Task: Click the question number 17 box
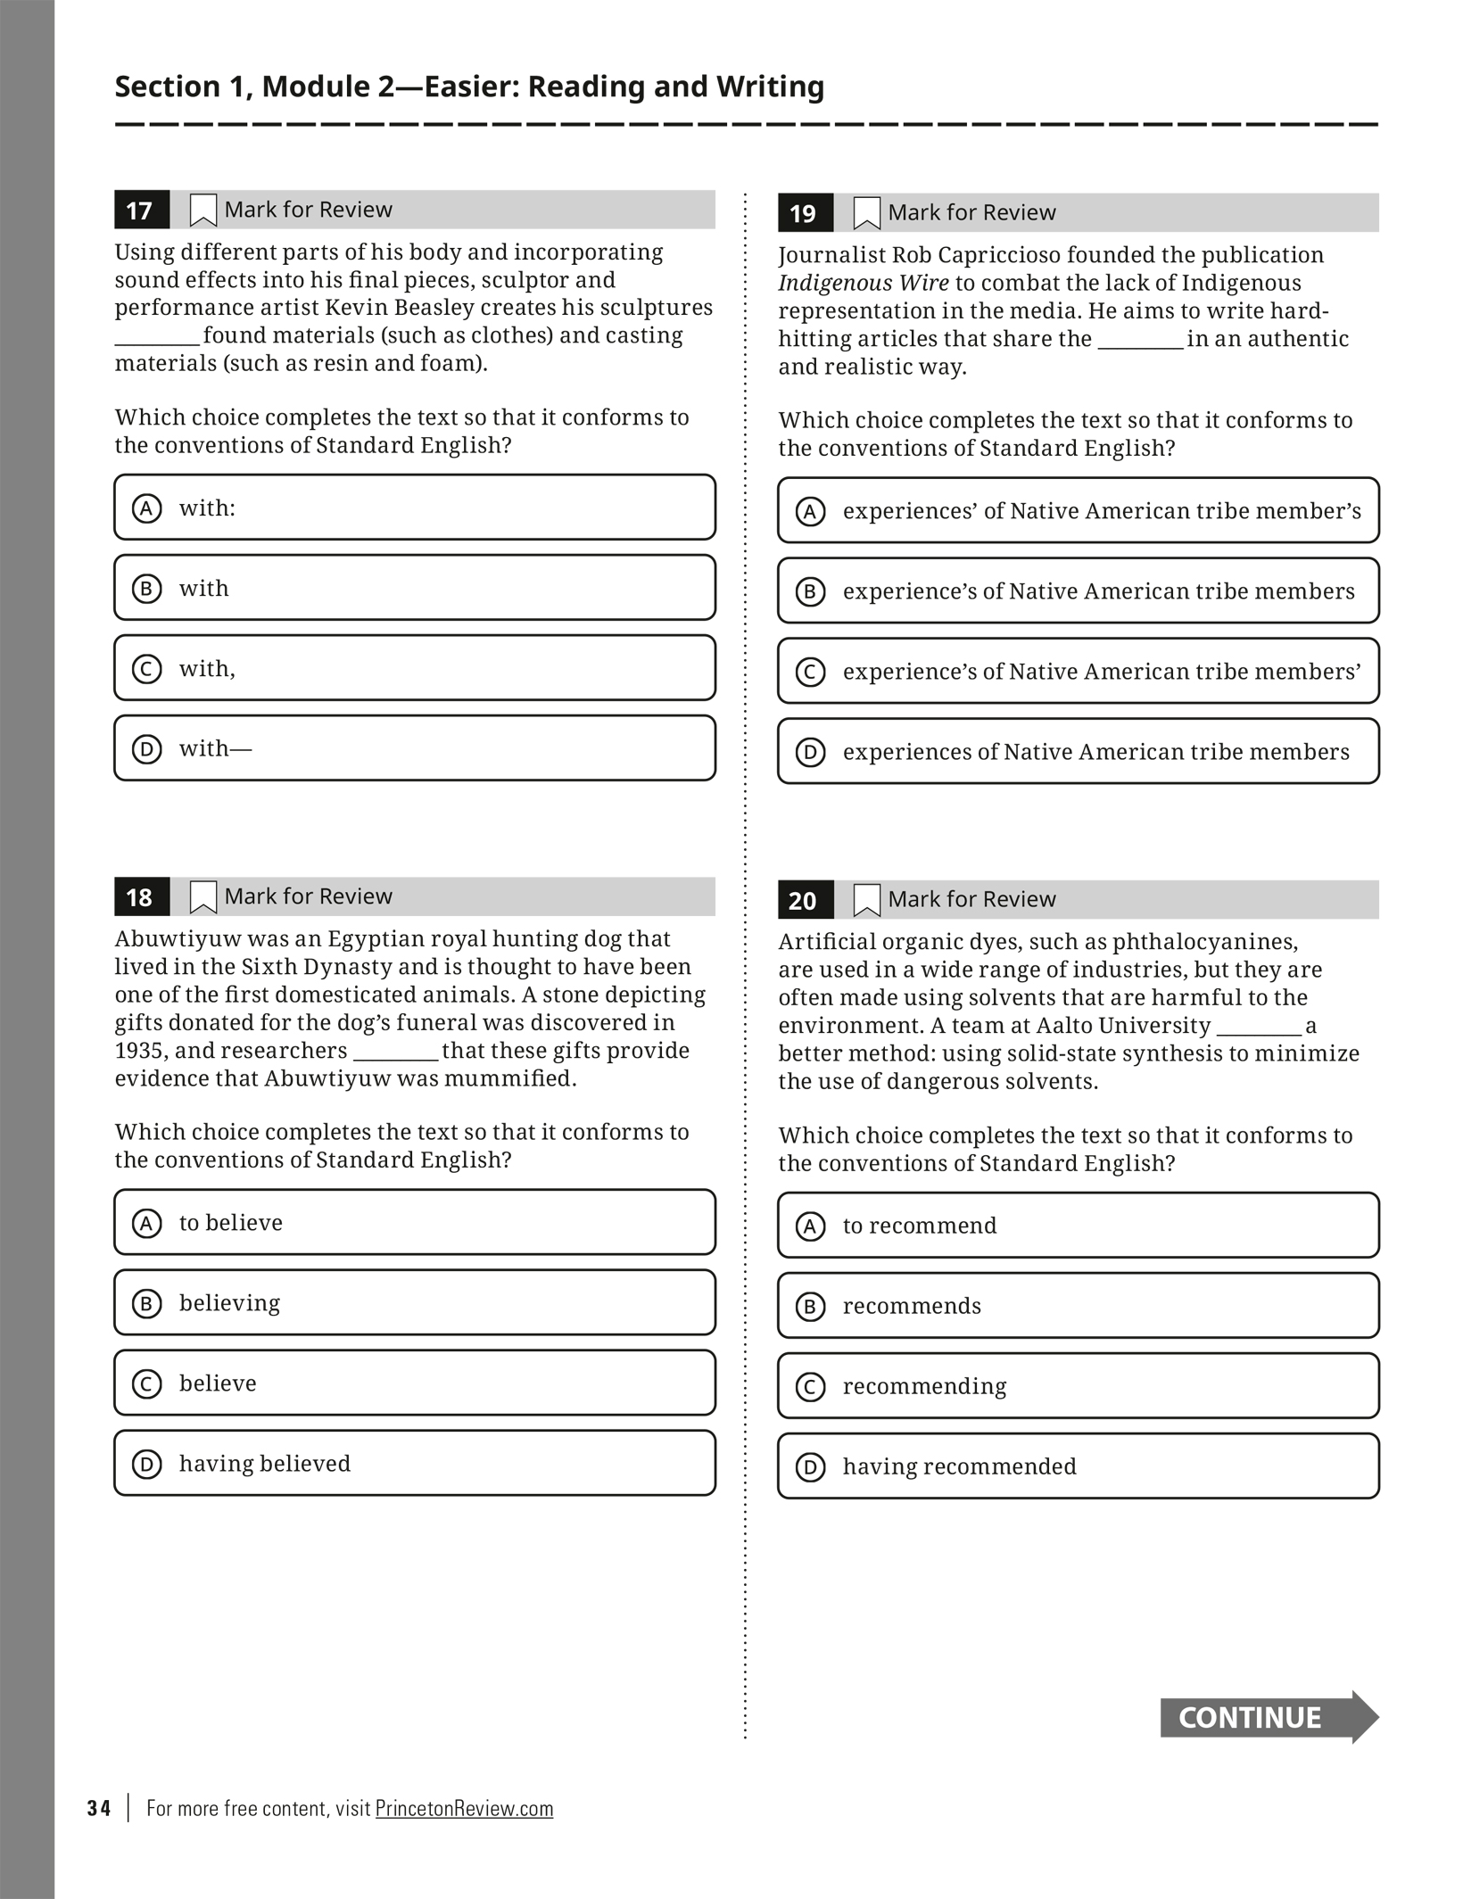[x=141, y=211]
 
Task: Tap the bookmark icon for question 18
[x=203, y=896]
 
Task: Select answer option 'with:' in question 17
[x=415, y=508]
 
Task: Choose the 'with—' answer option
[x=415, y=748]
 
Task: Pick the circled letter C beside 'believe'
[x=147, y=1383]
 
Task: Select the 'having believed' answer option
[x=415, y=1464]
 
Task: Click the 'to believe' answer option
[x=415, y=1222]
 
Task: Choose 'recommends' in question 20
[x=1078, y=1306]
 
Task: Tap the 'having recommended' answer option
[x=1078, y=1466]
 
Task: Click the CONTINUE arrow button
[x=1268, y=1717]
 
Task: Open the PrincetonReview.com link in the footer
[x=464, y=1808]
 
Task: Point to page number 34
[x=99, y=1808]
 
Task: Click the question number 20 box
[x=805, y=900]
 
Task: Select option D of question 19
[x=1078, y=752]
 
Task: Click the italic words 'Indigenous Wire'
[x=863, y=283]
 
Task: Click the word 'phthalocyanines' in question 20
[x=1203, y=942]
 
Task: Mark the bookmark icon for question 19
[x=867, y=213]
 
